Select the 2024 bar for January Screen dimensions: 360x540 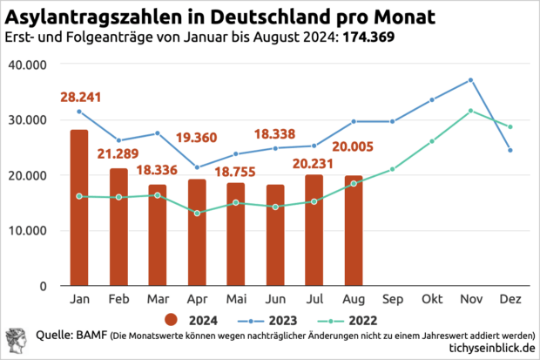pos(79,207)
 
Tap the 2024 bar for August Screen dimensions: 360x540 pos(354,231)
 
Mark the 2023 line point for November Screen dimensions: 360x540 pos(471,80)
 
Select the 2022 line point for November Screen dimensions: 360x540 pos(471,111)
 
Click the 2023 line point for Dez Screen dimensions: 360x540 pos(510,151)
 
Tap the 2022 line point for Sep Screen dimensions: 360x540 pos(393,169)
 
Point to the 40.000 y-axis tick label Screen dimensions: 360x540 pos(30,65)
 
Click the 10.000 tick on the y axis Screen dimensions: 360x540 pos(30,231)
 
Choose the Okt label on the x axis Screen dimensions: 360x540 pos(432,300)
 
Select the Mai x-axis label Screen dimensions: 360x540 pos(236,300)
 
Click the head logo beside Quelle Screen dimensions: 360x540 pos(17,341)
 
